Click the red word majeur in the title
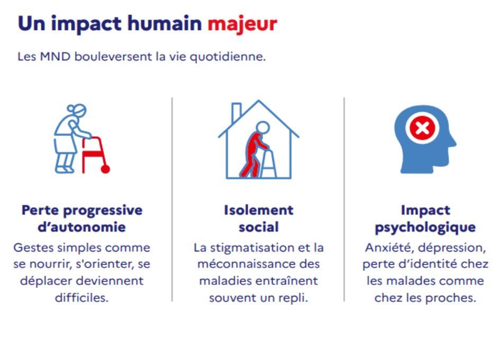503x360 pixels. tap(242, 24)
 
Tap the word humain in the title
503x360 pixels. tap(165, 23)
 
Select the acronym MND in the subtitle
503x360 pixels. tap(55, 57)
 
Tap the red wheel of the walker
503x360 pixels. tap(105, 169)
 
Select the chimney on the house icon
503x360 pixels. tap(237, 112)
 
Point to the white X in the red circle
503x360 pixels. tap(422, 128)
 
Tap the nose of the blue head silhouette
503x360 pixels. tap(452, 141)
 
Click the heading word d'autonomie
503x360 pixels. tap(82, 227)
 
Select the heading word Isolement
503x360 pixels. tap(258, 210)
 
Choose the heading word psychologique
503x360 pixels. tap(425, 228)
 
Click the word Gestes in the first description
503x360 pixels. tap(31, 248)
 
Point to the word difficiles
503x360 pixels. tap(82, 298)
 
